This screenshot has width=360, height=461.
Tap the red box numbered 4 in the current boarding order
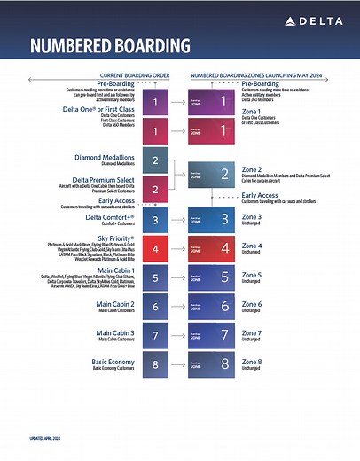(156, 248)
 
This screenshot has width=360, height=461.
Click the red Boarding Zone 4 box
(214, 248)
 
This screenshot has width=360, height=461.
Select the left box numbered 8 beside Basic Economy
(156, 363)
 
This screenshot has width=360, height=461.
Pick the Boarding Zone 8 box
(214, 363)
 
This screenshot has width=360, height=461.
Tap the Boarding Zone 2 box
(214, 176)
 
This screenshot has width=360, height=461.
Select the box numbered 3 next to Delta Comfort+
(156, 220)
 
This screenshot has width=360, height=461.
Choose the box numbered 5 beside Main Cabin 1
(156, 277)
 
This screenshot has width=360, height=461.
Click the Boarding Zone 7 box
(214, 334)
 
